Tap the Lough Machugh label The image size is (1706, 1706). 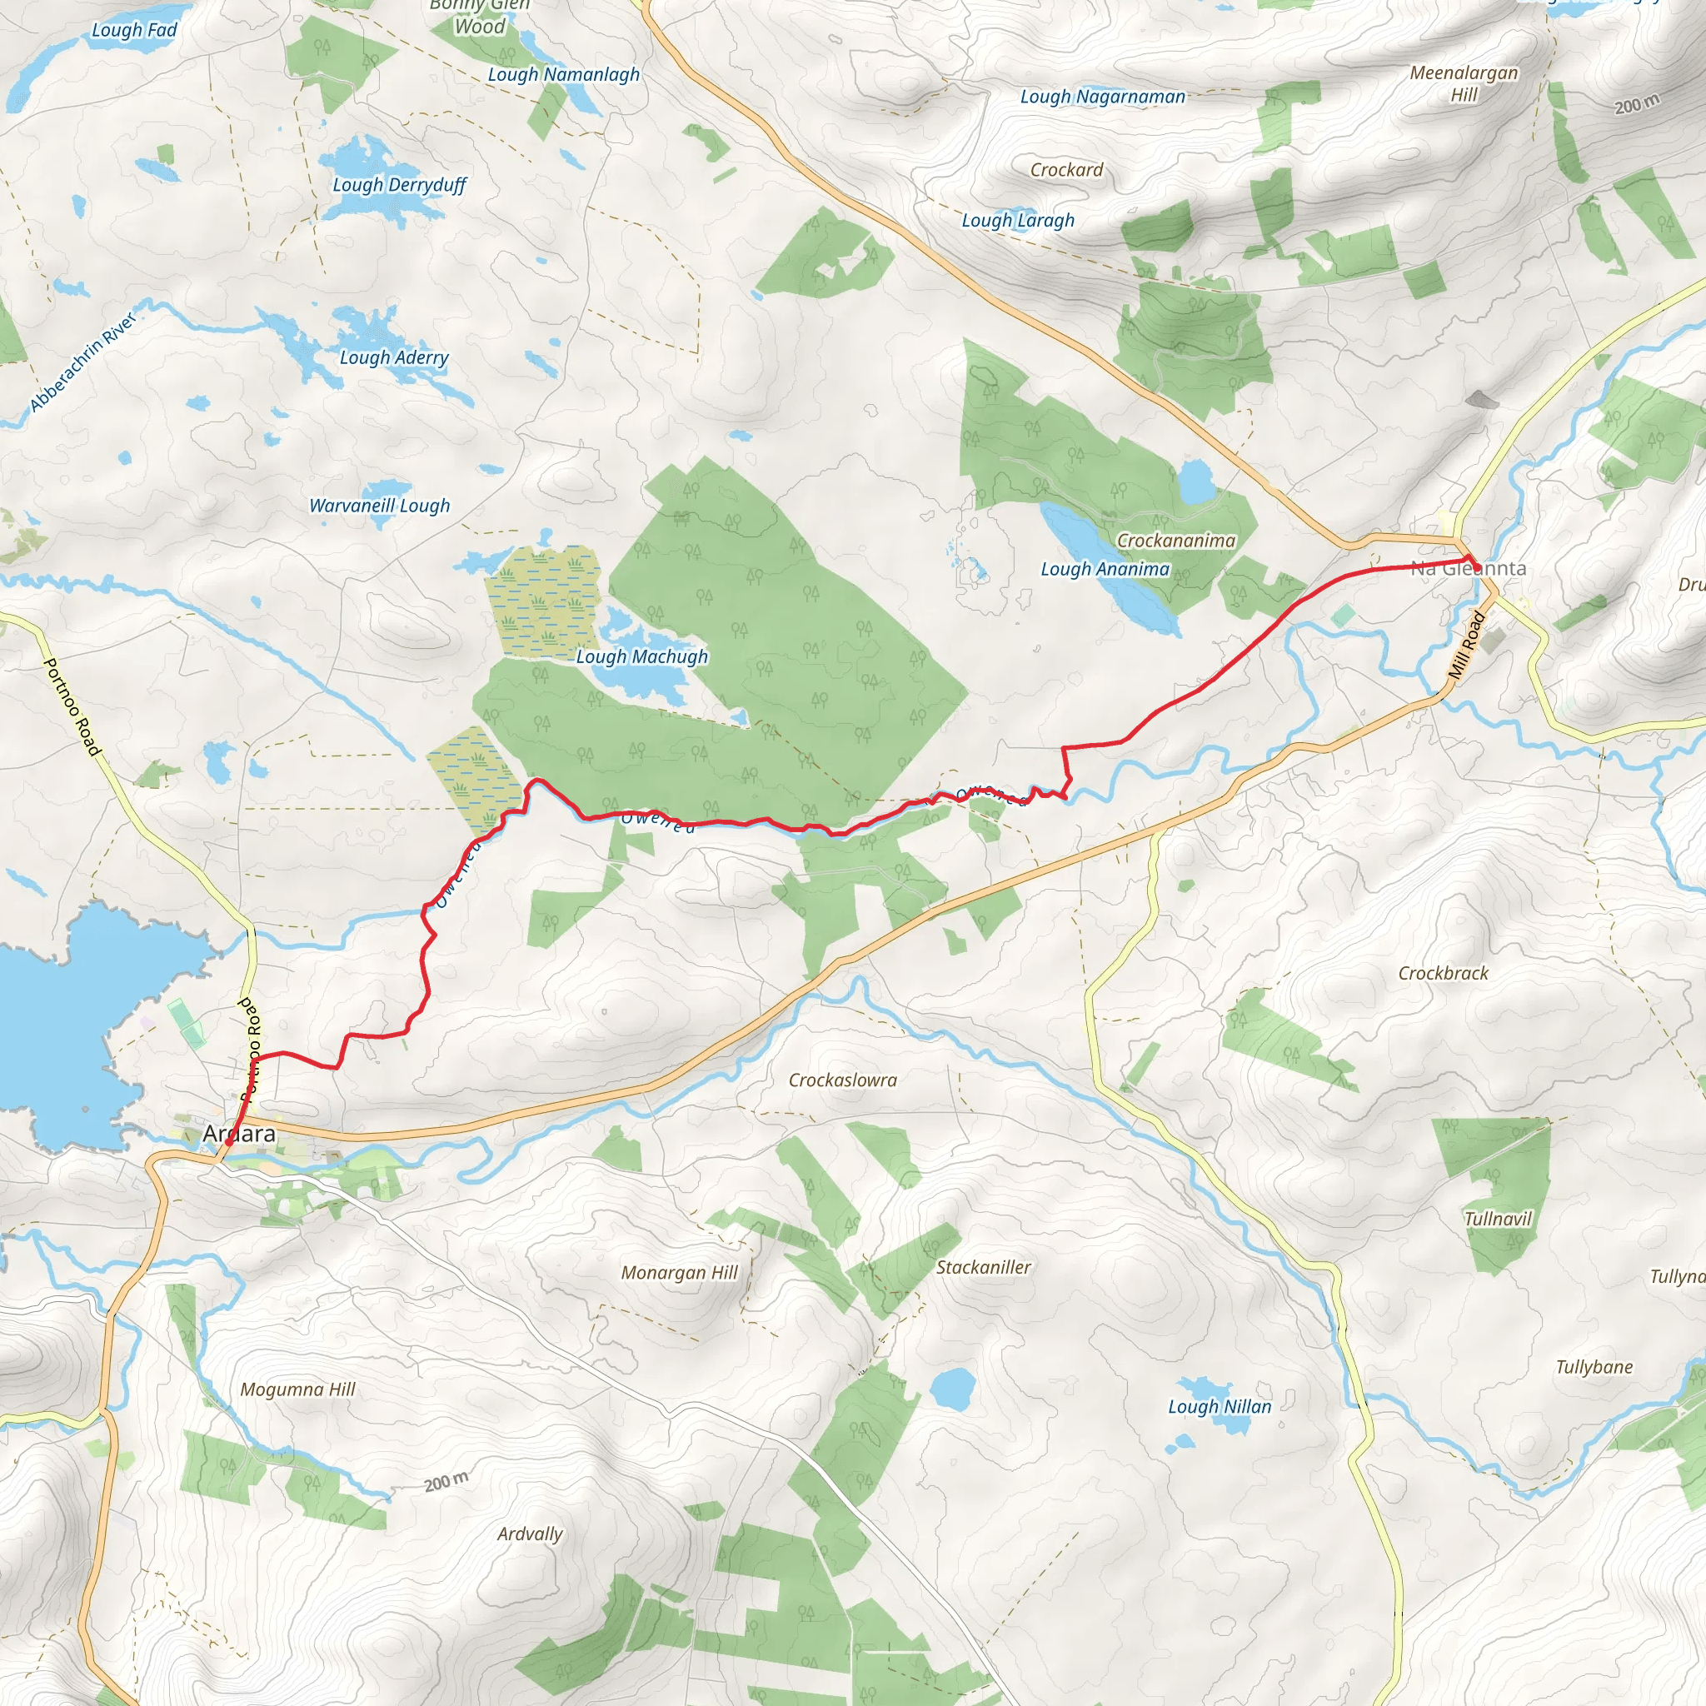tap(642, 657)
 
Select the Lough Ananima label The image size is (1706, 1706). tap(1105, 570)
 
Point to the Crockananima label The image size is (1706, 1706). tap(1176, 541)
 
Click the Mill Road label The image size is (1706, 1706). tap(1467, 646)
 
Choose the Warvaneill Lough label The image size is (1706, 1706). tap(380, 506)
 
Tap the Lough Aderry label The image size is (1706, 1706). tap(394, 357)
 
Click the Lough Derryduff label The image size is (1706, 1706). tap(399, 186)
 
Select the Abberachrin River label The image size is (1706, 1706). tap(82, 363)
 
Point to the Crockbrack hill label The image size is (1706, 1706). tap(1443, 973)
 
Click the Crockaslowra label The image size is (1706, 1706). tap(842, 1080)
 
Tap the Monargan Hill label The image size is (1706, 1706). tap(679, 1273)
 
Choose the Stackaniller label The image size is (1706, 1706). tap(984, 1267)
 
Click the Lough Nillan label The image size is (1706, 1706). tap(1220, 1407)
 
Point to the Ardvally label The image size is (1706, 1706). tap(530, 1534)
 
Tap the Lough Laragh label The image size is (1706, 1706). tap(1018, 221)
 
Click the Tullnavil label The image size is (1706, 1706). tap(1498, 1219)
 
